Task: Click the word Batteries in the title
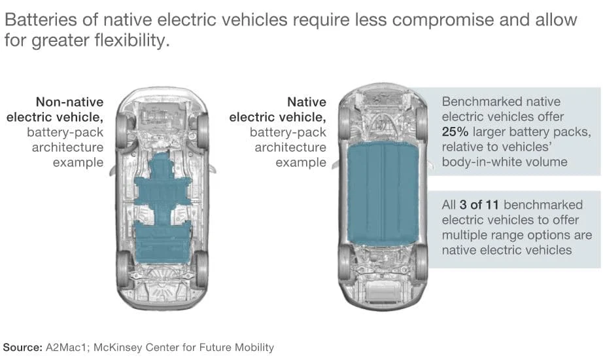pos(37,20)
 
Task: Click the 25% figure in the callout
pos(459,132)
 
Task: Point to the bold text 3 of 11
pos(483,205)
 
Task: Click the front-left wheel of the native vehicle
pos(344,122)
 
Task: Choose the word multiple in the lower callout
pos(464,235)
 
